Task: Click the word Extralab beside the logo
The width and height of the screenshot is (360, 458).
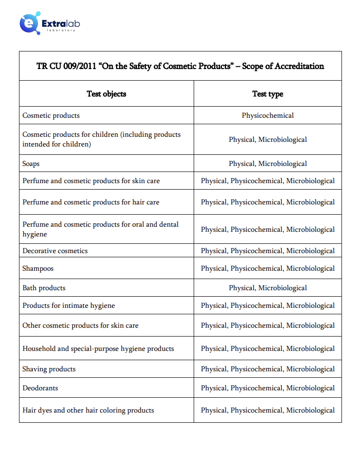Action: pos(61,23)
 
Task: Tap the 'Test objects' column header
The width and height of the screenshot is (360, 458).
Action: pos(106,94)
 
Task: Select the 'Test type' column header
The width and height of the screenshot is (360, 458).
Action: pos(267,94)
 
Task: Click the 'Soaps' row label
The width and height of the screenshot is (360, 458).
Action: pos(31,164)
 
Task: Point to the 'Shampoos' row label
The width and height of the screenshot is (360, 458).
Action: pos(38,268)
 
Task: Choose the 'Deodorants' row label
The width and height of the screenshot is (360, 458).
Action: pos(40,388)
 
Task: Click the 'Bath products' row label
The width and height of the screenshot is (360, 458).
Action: pos(44,288)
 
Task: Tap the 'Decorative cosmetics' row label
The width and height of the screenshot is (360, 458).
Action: pos(55,251)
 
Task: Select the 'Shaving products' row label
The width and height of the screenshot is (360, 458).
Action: pos(49,369)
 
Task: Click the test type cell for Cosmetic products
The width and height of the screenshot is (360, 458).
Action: pos(267,115)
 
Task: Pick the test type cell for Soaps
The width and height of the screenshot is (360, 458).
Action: pos(267,164)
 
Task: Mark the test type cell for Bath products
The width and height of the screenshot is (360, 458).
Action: pos(267,288)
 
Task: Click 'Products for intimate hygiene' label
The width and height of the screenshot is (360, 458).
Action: pos(69,305)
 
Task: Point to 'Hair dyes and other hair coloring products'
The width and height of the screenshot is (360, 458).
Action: pos(88,410)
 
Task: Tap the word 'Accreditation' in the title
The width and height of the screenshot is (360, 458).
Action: pos(299,66)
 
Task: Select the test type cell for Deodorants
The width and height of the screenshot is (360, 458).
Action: pos(267,388)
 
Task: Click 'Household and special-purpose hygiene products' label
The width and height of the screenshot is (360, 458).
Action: pos(98,349)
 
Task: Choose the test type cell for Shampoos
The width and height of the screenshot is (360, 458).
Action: pos(267,268)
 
